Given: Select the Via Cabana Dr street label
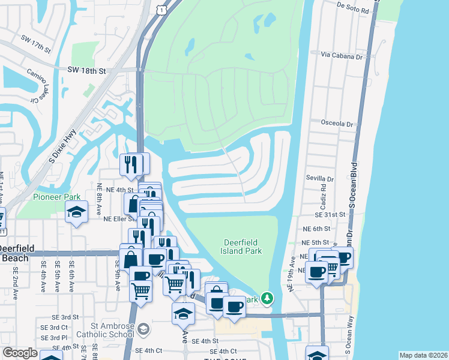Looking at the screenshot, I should [343, 56].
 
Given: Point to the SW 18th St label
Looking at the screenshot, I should [87, 71].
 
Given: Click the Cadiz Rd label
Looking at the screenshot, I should [323, 197].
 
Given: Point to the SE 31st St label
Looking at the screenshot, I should [330, 214].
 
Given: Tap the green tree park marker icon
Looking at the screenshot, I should [267, 298].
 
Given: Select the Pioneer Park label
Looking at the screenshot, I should [56, 197].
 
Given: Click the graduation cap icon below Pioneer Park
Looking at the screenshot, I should [76, 213].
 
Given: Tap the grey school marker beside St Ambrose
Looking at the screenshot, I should [143, 328].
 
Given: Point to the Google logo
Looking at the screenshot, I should [20, 353].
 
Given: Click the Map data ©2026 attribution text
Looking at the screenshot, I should [423, 355].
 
